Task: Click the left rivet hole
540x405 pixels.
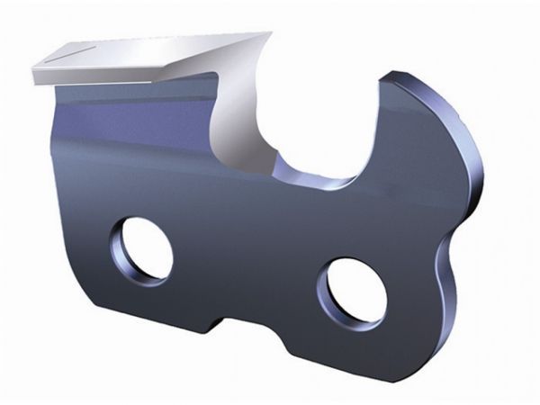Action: click(142, 249)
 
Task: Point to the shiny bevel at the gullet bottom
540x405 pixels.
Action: click(310, 175)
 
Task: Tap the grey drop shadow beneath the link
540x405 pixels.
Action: click(270, 378)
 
